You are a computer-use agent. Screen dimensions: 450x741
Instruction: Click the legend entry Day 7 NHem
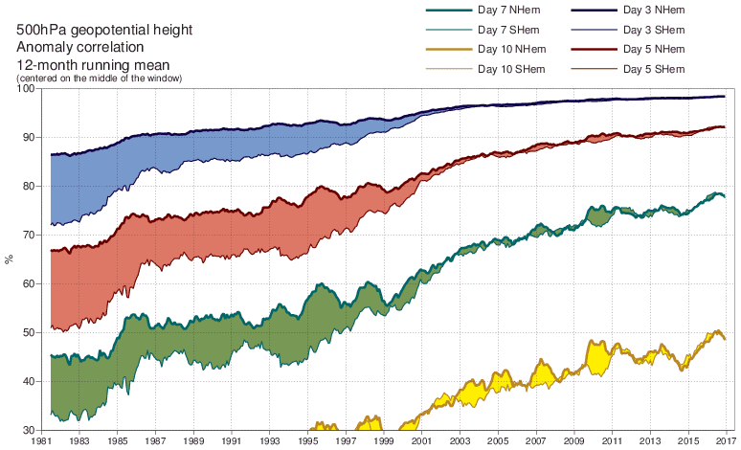506,10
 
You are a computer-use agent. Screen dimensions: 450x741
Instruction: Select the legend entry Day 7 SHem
506,30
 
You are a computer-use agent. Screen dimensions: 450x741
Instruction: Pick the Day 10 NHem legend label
508,49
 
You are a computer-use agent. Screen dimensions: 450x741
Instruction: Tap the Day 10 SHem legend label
508,69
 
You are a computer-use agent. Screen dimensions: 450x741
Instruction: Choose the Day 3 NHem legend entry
652,10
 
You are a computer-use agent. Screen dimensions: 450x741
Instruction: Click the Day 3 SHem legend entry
652,30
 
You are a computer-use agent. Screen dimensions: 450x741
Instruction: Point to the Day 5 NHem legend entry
652,49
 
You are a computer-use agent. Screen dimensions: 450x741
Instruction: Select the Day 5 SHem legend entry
652,69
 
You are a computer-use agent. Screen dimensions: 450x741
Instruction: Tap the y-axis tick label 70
30,236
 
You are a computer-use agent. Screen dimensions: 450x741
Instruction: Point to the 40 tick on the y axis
30,382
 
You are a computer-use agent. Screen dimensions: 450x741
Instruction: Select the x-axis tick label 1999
383,442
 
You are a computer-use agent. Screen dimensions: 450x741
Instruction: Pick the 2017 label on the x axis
724,442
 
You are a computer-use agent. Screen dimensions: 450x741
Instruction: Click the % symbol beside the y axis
10,259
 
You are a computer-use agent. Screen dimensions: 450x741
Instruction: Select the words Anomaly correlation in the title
79,47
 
